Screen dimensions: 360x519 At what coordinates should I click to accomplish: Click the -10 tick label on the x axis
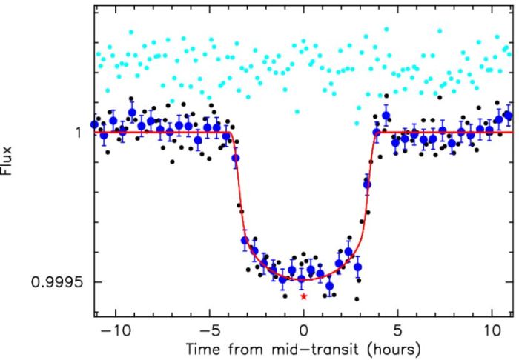pyautogui.click(x=110, y=328)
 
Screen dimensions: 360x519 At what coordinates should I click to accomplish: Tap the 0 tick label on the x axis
pyautogui.click(x=303, y=328)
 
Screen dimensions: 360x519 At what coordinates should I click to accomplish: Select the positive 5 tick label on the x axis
pyautogui.click(x=399, y=328)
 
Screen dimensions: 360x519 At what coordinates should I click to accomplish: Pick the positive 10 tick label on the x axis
pyautogui.click(x=492, y=328)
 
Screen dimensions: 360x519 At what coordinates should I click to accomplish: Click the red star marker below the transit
pyautogui.click(x=303, y=296)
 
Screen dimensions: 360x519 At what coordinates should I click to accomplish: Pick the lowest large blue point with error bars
pyautogui.click(x=330, y=286)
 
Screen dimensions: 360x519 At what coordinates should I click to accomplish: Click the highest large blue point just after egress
pyautogui.click(x=386, y=116)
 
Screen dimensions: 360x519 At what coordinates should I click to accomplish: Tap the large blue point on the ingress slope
pyautogui.click(x=236, y=159)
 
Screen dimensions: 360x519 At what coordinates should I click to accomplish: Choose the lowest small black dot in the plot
pyautogui.click(x=357, y=299)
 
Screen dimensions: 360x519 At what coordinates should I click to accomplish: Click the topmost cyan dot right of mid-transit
pyautogui.click(x=386, y=30)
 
